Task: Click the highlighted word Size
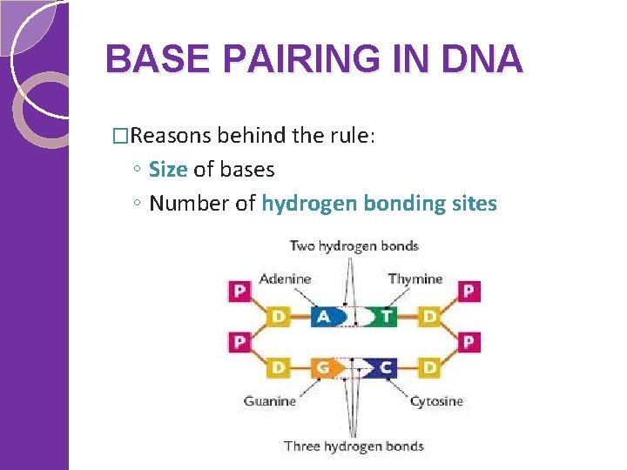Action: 168,169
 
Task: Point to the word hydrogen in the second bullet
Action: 309,204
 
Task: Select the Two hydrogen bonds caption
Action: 354,245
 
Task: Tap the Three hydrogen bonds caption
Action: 354,446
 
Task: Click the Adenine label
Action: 285,279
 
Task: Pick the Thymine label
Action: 415,279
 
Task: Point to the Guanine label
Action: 270,401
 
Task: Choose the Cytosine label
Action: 436,401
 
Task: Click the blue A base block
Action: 324,316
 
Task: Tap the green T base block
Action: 384,316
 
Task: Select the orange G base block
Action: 323,367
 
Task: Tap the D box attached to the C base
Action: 428,367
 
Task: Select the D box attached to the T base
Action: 428,316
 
